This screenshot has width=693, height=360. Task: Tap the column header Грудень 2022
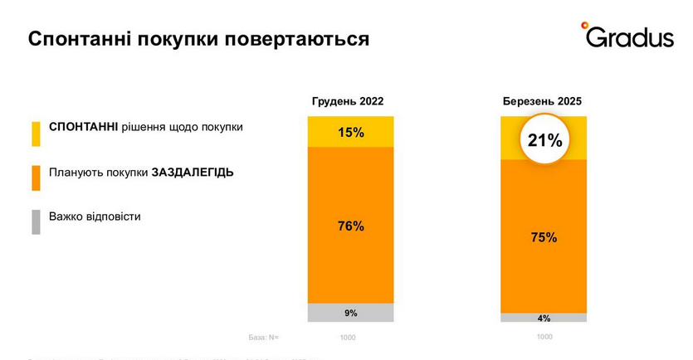348,102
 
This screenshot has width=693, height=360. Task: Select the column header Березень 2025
543,102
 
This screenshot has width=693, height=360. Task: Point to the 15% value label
350,132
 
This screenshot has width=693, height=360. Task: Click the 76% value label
350,226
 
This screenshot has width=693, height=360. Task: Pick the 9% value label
350,313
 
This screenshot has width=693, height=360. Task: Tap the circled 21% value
544,141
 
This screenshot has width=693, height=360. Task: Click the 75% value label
544,237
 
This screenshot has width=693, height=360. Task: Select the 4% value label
544,318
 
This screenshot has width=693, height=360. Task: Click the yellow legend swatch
36,134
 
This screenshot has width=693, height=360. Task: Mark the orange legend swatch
36,178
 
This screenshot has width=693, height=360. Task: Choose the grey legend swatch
36,221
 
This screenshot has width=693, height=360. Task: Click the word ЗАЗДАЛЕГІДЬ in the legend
192,173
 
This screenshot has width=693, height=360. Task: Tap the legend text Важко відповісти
95,216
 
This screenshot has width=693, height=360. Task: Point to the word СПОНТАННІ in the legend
84,128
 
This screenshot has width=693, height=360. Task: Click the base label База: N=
264,337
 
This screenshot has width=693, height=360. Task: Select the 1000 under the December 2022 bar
349,338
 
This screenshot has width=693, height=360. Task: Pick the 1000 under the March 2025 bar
544,337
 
